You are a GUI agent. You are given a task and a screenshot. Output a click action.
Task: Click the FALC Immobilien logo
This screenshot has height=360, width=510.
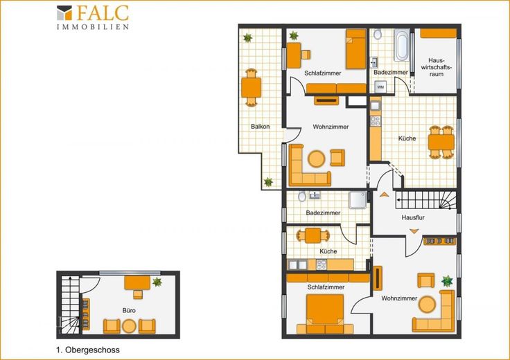coord(93,17)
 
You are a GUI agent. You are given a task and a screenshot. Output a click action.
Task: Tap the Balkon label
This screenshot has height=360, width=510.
coord(261,127)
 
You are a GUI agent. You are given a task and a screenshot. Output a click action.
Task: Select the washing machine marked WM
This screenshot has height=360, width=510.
coord(380,87)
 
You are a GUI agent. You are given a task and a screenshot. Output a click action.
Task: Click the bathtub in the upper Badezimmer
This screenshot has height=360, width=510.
coord(402,45)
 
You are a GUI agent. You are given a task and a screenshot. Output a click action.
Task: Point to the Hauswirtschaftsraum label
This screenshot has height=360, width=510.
coord(437,67)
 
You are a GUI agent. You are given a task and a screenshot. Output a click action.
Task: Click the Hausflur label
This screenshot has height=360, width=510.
coord(413,217)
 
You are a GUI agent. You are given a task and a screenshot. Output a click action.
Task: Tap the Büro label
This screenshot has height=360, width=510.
coord(129,311)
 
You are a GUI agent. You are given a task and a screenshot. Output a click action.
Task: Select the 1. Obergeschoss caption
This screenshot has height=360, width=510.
coord(88,350)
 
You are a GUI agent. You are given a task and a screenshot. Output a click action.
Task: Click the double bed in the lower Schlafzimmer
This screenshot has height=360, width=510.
coord(325,314)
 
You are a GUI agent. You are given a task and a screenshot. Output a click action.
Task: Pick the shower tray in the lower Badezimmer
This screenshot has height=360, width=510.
coord(358,200)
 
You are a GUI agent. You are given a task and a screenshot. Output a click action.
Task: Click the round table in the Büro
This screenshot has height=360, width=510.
coord(129,326)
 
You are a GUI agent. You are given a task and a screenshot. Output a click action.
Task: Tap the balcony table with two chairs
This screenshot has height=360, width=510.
coord(251,87)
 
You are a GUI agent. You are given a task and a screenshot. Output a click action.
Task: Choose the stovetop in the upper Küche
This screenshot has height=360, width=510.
coord(376,121)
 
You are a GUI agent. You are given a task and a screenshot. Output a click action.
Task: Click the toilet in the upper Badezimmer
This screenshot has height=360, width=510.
coord(377,34)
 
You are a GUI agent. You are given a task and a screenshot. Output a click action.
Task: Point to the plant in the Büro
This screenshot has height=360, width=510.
coord(157,282)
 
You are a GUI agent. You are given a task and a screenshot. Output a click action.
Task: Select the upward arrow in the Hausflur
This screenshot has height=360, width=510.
coord(384,195)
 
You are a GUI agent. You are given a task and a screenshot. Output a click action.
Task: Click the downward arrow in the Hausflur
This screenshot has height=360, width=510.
coord(414,231)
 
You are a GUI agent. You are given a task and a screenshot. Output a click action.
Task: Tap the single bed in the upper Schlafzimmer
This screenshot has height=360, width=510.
coord(356,49)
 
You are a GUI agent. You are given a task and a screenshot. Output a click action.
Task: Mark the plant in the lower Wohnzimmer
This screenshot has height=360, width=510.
coord(447,281)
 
